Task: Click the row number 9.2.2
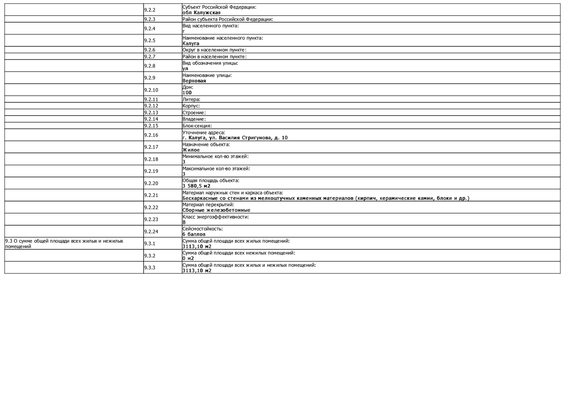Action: [150, 10]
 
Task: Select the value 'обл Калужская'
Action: [201, 13]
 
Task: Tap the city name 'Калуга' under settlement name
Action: [191, 44]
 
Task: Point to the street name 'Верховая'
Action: [194, 81]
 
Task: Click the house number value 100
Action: [187, 93]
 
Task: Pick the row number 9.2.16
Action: [151, 135]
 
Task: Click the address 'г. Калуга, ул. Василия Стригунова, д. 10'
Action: [235, 138]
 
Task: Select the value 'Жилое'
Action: [191, 150]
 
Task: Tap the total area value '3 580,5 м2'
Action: [196, 186]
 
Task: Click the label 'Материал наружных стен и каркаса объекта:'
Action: [232, 193]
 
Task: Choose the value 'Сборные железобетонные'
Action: [216, 210]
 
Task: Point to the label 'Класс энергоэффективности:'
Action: [215, 217]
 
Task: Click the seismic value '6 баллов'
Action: [194, 234]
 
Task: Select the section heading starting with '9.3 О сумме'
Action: [64, 243]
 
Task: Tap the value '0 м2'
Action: [188, 259]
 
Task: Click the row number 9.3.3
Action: [150, 267]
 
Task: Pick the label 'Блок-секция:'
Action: [197, 126]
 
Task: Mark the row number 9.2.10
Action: [151, 90]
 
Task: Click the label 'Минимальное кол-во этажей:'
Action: [215, 157]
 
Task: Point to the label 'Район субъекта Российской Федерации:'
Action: [228, 20]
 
